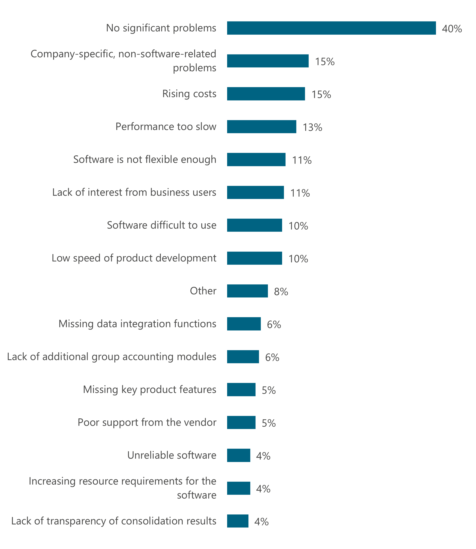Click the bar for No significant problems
pyautogui.click(x=331, y=28)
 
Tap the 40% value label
pyautogui.click(x=452, y=29)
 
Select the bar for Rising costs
pyautogui.click(x=266, y=94)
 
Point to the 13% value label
pyautogui.click(x=312, y=128)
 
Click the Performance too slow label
pyautogui.click(x=166, y=126)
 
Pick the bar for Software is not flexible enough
pyautogui.click(x=256, y=159)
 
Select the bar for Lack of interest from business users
pyautogui.click(x=255, y=192)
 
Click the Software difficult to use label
pyautogui.click(x=161, y=225)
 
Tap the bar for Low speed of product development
pyautogui.click(x=254, y=258)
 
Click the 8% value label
pyautogui.click(x=281, y=292)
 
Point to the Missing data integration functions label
pyautogui.click(x=137, y=324)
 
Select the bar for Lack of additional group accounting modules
pyautogui.click(x=243, y=357)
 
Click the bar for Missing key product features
pyautogui.click(x=241, y=390)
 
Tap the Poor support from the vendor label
pyautogui.click(x=147, y=423)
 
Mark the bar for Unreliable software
pyautogui.click(x=239, y=456)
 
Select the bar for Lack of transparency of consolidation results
pyautogui.click(x=237, y=521)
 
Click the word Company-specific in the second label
pyautogui.click(x=72, y=54)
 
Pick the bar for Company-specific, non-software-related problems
pyautogui.click(x=268, y=61)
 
